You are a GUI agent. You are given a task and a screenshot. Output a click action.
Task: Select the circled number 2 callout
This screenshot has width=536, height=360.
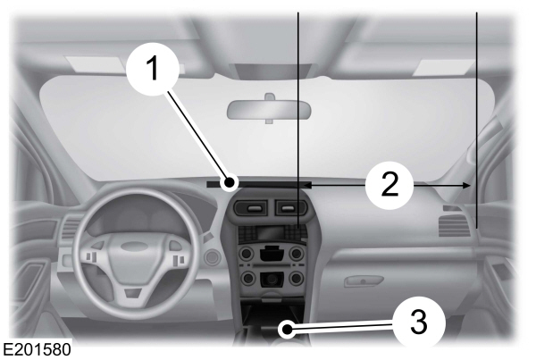[389, 185]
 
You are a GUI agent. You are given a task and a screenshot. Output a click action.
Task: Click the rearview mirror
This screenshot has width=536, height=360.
[266, 108]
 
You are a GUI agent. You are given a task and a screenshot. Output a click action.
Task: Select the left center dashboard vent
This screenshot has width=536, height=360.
[250, 209]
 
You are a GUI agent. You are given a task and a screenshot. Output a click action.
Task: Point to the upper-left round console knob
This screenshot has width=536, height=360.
[244, 254]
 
